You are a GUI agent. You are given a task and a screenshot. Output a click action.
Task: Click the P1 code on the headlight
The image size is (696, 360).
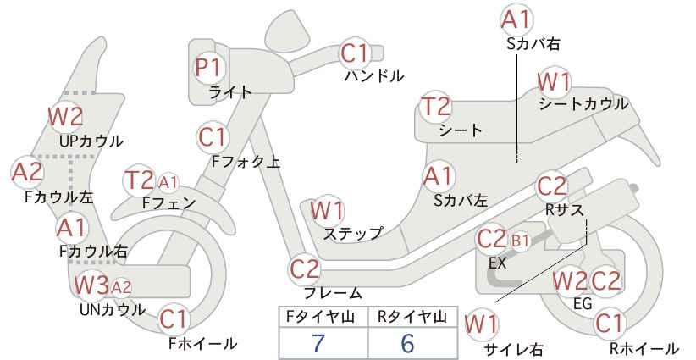click(x=208, y=69)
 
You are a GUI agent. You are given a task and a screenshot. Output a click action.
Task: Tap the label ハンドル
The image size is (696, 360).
click(x=374, y=76)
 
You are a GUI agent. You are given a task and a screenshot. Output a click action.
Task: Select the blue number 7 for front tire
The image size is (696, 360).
click(x=318, y=343)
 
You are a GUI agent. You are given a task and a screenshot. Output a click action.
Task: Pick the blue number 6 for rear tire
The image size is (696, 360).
click(x=407, y=343)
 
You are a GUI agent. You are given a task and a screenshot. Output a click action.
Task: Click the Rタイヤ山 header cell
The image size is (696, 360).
click(x=412, y=317)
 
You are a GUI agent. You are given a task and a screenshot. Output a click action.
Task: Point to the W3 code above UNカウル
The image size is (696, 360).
click(x=91, y=285)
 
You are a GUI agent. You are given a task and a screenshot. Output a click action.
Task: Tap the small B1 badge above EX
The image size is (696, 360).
click(x=521, y=241)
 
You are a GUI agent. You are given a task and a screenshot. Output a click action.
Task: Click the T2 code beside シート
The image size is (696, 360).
click(x=436, y=107)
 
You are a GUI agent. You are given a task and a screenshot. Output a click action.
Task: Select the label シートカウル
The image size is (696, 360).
click(x=583, y=104)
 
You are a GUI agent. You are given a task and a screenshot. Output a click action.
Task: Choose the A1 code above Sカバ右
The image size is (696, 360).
click(x=516, y=20)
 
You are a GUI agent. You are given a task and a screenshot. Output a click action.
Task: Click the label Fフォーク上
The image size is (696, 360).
click(x=246, y=162)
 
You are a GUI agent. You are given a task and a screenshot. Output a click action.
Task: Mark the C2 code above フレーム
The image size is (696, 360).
click(x=305, y=269)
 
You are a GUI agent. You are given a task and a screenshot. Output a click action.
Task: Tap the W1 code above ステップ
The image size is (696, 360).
click(x=328, y=210)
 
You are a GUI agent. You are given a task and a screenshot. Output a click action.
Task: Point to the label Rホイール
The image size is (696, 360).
click(x=644, y=348)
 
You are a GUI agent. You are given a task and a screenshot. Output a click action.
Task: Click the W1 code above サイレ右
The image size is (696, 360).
click(x=481, y=324)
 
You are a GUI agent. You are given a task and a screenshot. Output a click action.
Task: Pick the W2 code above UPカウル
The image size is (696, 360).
click(x=66, y=117)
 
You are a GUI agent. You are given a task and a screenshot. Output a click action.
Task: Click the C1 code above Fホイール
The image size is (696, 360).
click(x=174, y=319)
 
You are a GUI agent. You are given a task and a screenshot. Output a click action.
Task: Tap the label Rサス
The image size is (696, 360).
click(x=564, y=209)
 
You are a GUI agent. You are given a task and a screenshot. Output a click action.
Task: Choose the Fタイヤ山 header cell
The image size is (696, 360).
click(x=323, y=317)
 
